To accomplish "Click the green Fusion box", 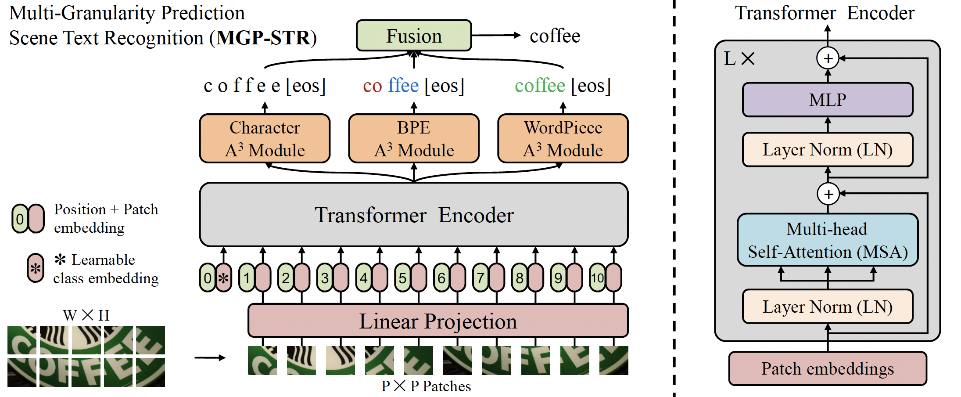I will (413, 36).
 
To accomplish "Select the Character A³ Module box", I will (265, 138).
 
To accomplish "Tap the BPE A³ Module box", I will (413, 138).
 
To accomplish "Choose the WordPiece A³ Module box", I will (563, 138).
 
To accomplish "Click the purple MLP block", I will (828, 100).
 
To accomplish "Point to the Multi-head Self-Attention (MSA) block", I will (828, 240).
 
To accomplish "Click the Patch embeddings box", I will (828, 368).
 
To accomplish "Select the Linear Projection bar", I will (438, 321).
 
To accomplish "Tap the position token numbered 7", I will (480, 278).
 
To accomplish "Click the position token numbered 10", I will (597, 278).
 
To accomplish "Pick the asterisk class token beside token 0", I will (224, 278).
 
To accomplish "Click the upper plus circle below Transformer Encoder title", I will (828, 58).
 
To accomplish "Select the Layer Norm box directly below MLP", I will (828, 150).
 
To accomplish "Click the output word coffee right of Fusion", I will (555, 36).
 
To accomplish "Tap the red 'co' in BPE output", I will (372, 86).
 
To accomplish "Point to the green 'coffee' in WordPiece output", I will (540, 86).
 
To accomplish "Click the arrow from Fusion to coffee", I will (496, 36).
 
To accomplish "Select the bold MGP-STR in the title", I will (264, 38).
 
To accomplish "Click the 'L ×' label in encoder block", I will (739, 58).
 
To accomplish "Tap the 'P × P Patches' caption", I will (426, 386).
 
